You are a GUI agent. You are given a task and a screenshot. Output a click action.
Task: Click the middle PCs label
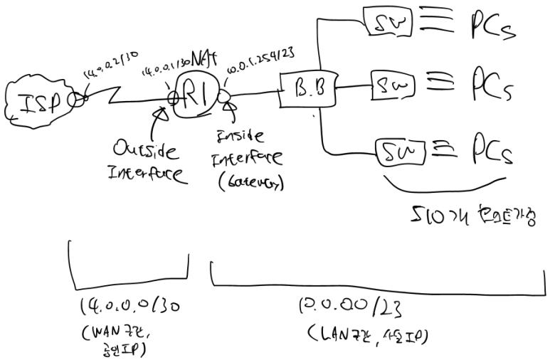pos(490,86)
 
